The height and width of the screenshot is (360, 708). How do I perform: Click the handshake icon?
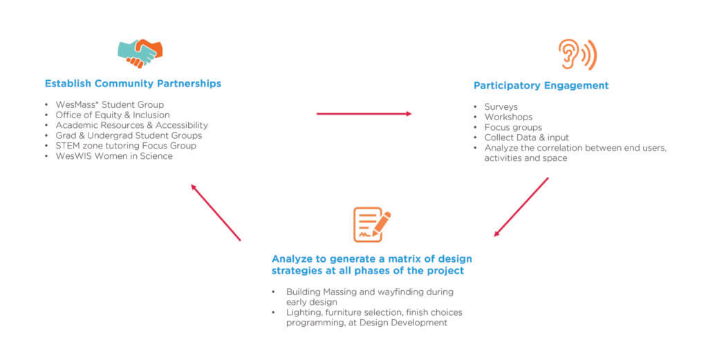pos(140,53)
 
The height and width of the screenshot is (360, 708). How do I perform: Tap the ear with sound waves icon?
pos(577,55)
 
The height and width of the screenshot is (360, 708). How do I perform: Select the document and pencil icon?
pos(371,224)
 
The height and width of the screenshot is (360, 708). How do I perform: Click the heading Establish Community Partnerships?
pos(133,84)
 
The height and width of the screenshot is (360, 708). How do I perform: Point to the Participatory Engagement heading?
pos(541,86)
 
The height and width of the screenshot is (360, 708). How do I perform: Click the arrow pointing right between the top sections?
pos(364,114)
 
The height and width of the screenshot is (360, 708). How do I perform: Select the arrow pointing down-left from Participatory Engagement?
pos(521,207)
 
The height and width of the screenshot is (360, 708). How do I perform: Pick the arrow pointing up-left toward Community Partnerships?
pos(216,213)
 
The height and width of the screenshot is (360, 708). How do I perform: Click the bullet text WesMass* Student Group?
pos(110,104)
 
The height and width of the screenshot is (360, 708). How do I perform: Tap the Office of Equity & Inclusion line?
pos(113,115)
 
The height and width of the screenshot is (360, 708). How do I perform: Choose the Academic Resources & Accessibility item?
pos(132,125)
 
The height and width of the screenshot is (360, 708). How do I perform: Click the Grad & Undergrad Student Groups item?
pos(129,135)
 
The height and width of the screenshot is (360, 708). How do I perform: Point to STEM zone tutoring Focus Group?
pos(126,146)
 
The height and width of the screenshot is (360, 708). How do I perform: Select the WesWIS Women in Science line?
pos(114,156)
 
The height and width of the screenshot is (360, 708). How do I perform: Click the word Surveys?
pos(501,107)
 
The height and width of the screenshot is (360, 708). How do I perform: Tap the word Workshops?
pos(508,117)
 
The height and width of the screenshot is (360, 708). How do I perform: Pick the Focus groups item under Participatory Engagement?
pos(514,127)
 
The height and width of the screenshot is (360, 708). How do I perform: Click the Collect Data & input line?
pos(527,138)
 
